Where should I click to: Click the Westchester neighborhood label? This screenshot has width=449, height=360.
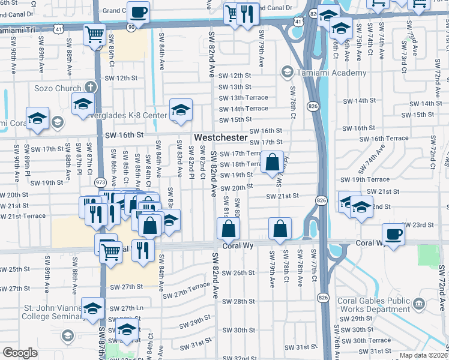pyautogui.click(x=220, y=137)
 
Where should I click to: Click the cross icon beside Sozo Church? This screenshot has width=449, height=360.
pyautogui.click(x=91, y=87)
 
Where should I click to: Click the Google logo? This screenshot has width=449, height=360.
pyautogui.click(x=20, y=353)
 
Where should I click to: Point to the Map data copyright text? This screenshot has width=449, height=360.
pyautogui.click(x=422, y=355)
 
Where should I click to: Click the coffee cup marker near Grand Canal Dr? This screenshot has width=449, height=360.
pyautogui.click(x=138, y=12)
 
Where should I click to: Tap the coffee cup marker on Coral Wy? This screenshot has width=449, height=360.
pyautogui.click(x=393, y=234)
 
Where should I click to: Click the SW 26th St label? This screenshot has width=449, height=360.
pyautogui.click(x=244, y=273)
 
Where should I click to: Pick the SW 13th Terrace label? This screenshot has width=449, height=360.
pyautogui.click(x=243, y=98)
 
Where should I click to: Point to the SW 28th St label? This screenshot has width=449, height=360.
pyautogui.click(x=244, y=301)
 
